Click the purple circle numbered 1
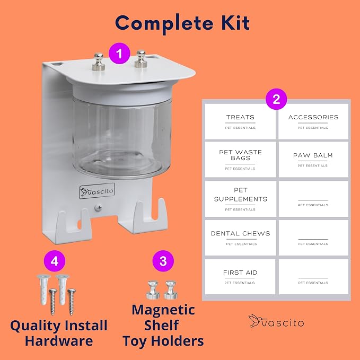119,54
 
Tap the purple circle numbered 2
276,99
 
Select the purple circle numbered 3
163,261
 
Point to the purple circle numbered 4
55,261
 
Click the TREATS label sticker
240,121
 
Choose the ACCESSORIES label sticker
313,121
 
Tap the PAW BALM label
313,160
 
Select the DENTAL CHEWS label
240,238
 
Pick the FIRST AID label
240,277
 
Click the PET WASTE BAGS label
240,160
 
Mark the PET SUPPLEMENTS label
240,199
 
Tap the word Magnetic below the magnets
163,310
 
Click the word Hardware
59,341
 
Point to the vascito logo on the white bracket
97,191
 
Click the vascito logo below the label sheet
276,321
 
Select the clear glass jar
121,135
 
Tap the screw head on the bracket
98,208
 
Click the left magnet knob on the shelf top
99,62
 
